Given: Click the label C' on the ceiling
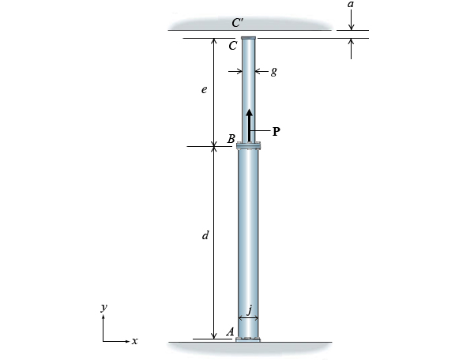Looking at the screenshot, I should [238, 23].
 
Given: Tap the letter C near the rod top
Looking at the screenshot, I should [232, 46].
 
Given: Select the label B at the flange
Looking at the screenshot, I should [231, 139].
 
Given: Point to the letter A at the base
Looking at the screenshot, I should [230, 332].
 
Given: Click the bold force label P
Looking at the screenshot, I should [276, 132].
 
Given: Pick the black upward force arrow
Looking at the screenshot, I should [249, 125].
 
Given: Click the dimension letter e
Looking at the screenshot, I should [204, 91].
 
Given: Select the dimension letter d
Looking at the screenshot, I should [205, 235].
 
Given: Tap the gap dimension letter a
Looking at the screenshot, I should [351, 6].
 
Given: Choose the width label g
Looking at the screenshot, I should [273, 71].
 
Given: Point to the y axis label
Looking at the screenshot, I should [103, 306].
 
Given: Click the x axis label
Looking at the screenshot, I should [135, 341].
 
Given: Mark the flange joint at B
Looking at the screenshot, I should [249, 146].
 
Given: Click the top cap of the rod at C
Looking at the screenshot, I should [249, 38].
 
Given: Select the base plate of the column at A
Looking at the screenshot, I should [249, 340].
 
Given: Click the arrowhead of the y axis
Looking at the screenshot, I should [103, 317].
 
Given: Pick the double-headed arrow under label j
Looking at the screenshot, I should [249, 318].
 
